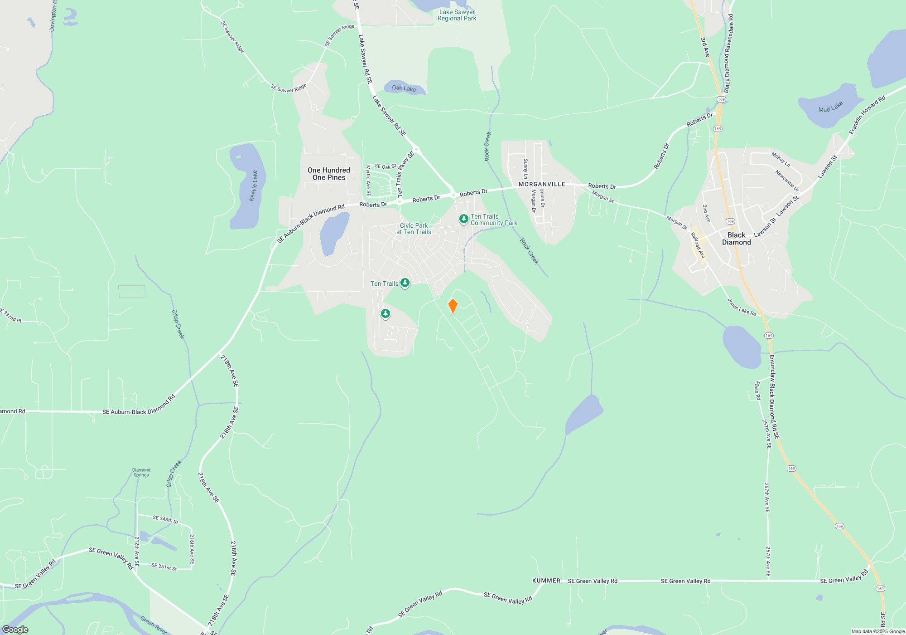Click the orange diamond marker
[x=453, y=306]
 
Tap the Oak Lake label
[x=404, y=88]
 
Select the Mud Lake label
[x=830, y=107]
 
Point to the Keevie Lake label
[x=254, y=186]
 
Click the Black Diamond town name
[x=736, y=239]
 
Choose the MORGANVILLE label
[x=542, y=184]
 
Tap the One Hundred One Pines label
[x=329, y=174]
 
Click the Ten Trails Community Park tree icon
[x=463, y=219]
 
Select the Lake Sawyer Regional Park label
[x=457, y=15]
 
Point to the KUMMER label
[x=546, y=581]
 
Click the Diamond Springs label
[x=141, y=473]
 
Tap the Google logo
[x=15, y=629]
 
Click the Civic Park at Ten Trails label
[x=414, y=229]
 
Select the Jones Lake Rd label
[x=742, y=307]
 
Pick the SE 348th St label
[x=165, y=519]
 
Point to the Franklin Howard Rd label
[x=867, y=115]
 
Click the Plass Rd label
[x=757, y=391]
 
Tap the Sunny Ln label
[x=525, y=169]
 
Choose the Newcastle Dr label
[x=787, y=181]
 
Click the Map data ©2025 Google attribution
[x=877, y=631]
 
